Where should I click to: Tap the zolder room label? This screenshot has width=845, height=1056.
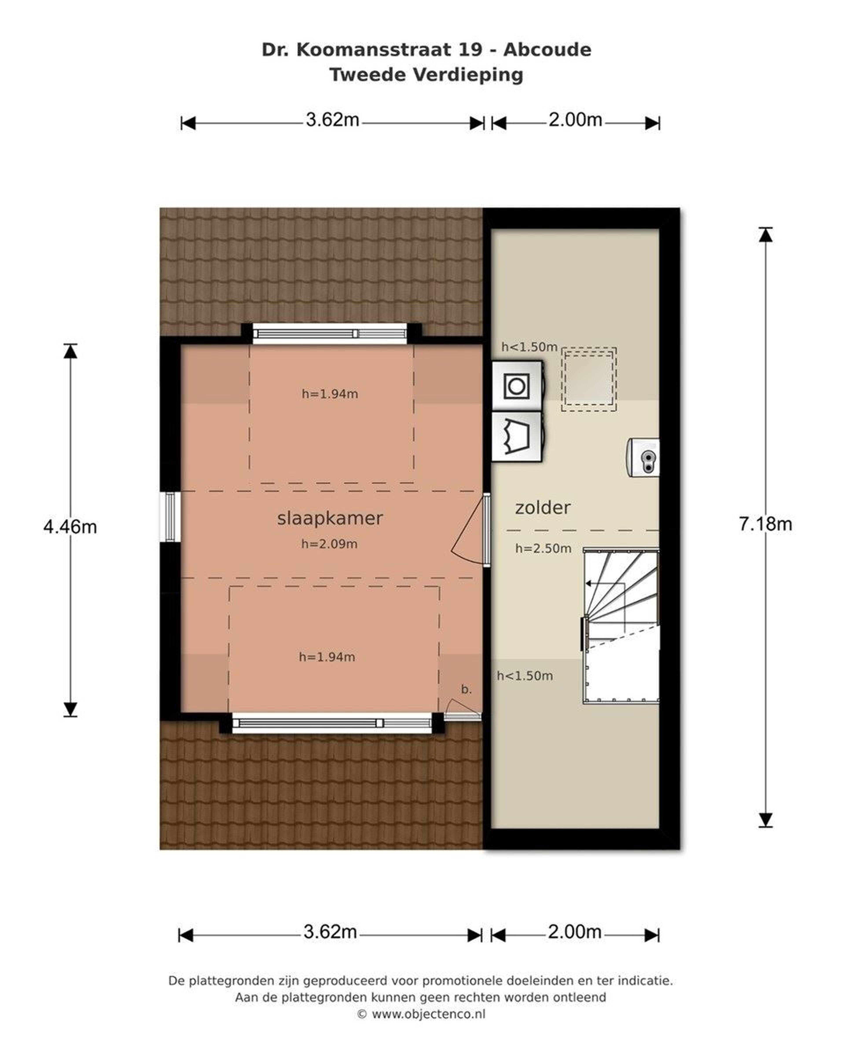542,507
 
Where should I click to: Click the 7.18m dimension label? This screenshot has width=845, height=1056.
765,524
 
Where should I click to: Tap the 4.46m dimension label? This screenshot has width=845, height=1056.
70,527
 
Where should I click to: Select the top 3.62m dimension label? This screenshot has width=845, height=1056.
333,119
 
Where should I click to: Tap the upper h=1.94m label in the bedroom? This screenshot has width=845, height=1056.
330,394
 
